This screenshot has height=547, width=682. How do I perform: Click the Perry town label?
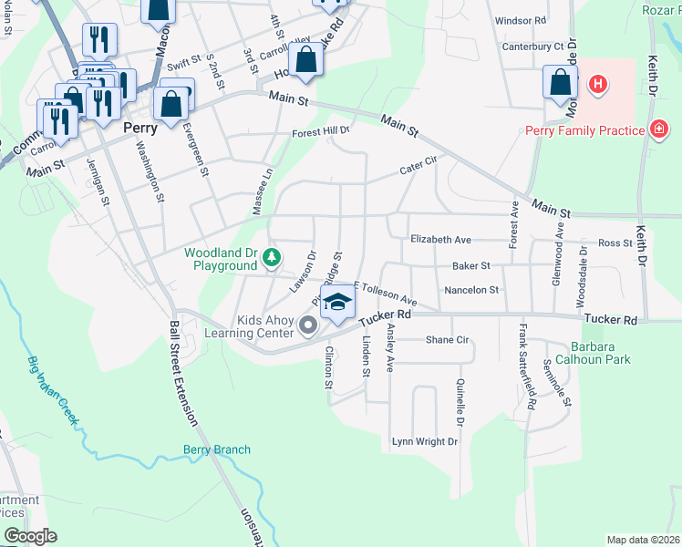(140, 129)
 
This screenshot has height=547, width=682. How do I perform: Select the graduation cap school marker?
(337, 304)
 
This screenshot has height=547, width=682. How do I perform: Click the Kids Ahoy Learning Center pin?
(308, 324)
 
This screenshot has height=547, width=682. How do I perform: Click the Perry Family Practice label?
(584, 130)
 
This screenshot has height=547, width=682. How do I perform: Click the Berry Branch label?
(216, 449)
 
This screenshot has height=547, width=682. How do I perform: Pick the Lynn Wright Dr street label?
(425, 441)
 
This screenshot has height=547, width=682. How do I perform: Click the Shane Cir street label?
(447, 339)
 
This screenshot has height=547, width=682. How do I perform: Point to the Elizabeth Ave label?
(440, 240)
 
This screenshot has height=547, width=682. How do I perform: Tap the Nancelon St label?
(471, 290)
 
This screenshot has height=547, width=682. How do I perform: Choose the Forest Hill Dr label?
(321, 132)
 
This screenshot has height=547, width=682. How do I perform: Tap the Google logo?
(30, 535)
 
